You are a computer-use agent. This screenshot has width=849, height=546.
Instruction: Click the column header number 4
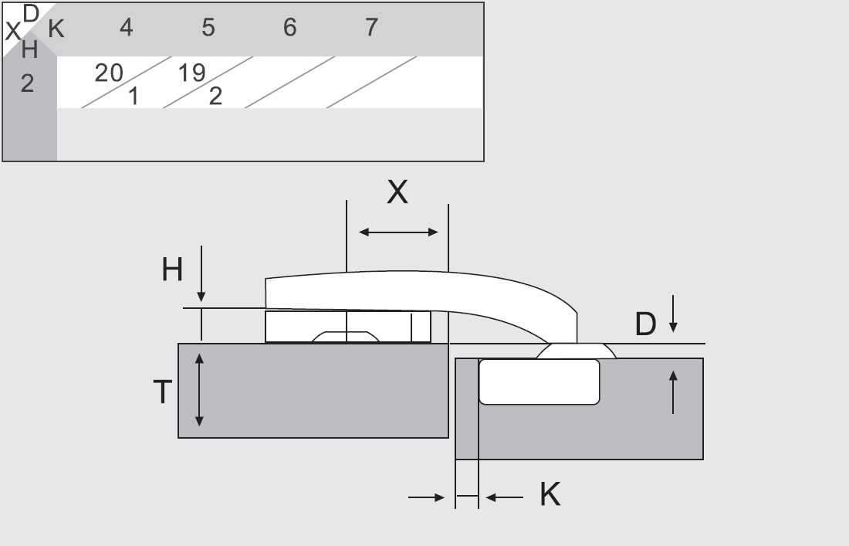(x=126, y=27)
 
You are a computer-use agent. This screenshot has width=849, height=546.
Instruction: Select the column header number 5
(x=208, y=27)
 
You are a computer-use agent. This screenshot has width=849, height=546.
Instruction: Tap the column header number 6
(x=289, y=27)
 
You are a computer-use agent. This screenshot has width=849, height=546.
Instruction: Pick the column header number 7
(x=371, y=27)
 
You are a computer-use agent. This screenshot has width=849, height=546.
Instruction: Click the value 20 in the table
(x=109, y=73)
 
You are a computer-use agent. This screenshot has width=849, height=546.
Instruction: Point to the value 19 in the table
(x=191, y=73)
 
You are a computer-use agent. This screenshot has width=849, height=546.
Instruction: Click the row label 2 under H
(x=27, y=83)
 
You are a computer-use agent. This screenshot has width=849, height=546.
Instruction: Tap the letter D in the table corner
(x=32, y=14)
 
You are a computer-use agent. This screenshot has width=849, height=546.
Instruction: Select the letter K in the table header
(x=56, y=29)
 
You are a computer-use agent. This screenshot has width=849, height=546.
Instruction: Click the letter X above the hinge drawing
(x=397, y=192)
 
